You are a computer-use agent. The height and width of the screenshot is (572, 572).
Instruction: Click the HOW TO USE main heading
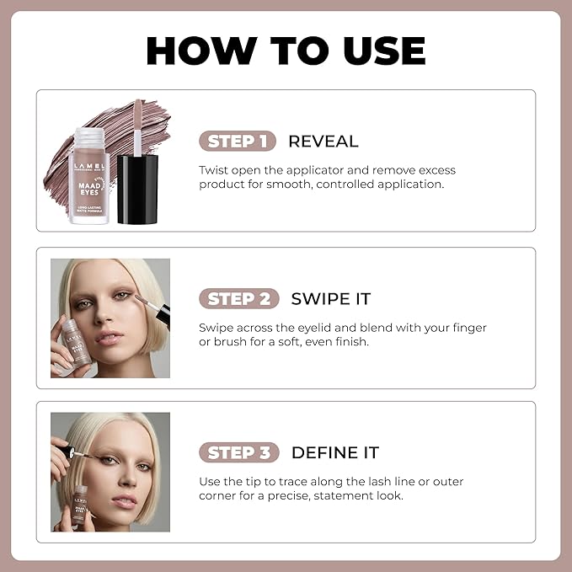coord(286,51)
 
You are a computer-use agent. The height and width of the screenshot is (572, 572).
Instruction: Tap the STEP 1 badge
coord(238,141)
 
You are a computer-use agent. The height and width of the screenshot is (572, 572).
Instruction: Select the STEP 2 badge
coord(238,298)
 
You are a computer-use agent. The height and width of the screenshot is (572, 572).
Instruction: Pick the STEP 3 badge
coord(238,452)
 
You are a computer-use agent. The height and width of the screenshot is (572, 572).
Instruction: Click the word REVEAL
coord(323,142)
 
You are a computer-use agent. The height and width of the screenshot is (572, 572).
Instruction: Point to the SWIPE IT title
coord(330,299)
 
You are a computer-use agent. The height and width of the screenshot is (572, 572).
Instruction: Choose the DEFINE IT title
coord(334,453)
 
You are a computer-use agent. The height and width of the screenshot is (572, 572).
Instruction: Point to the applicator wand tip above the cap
coord(138,118)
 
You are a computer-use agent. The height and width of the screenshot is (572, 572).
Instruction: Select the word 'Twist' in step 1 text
coord(213,169)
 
